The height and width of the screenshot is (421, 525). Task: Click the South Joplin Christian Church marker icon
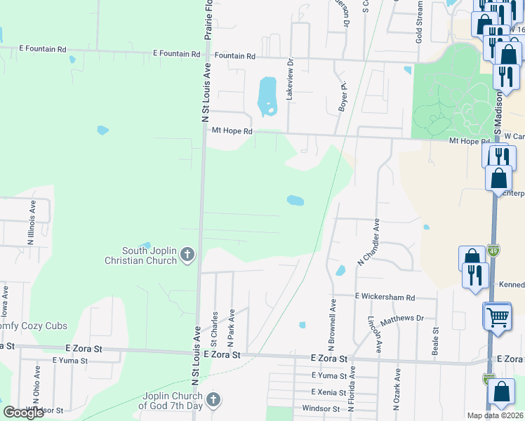pyautogui.click(x=187, y=255)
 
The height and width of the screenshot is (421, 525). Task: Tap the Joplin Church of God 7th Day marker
pyautogui.click(x=214, y=400)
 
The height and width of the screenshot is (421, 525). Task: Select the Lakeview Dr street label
pyautogui.click(x=289, y=79)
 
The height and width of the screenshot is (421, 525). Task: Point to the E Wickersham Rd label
pyautogui.click(x=385, y=297)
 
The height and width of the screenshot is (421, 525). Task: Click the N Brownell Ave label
pyautogui.click(x=332, y=326)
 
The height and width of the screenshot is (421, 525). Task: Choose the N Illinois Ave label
pyautogui.click(x=32, y=222)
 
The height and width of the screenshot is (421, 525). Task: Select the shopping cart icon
pyautogui.click(x=498, y=316)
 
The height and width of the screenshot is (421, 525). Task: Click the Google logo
pyautogui.click(x=24, y=413)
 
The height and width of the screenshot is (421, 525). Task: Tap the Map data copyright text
pyautogui.click(x=496, y=415)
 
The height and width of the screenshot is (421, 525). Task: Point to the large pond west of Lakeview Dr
pyautogui.click(x=267, y=96)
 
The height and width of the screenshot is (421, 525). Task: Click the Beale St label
pyautogui.click(x=436, y=340)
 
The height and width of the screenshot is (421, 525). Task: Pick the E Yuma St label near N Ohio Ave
pyautogui.click(x=69, y=361)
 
